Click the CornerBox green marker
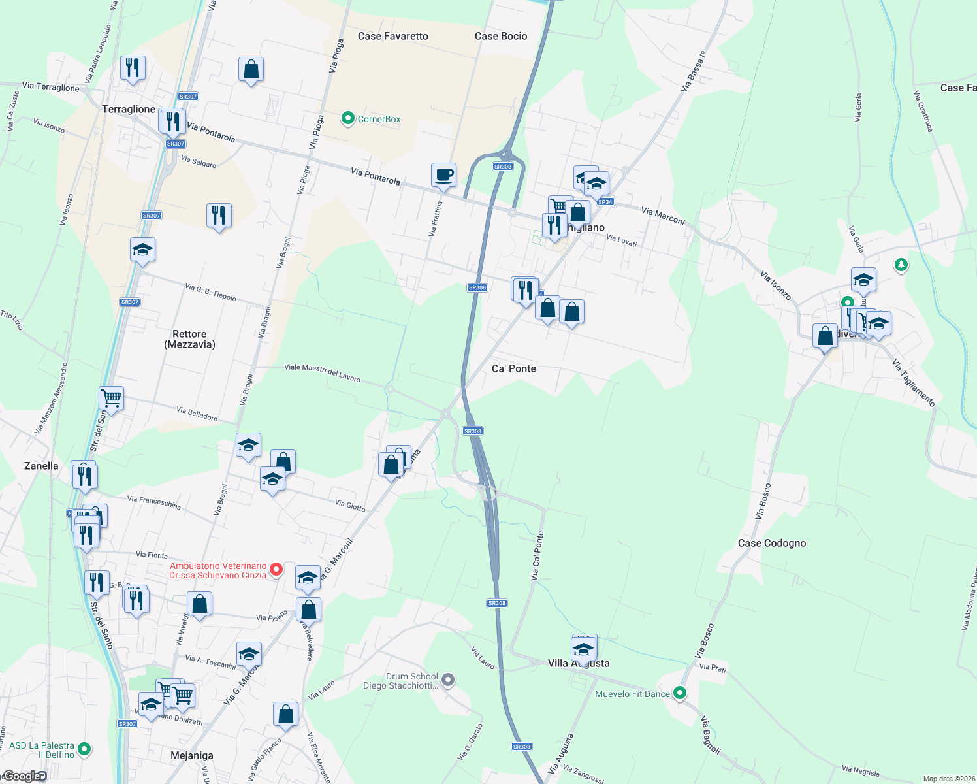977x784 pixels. [x=348, y=118]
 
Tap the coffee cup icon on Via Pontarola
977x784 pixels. [x=443, y=175]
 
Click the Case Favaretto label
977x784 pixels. [x=392, y=36]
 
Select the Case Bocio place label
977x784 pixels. [x=501, y=36]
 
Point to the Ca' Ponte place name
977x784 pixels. [x=513, y=368]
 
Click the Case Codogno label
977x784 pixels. [x=771, y=543]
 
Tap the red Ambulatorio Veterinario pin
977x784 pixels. [x=276, y=570]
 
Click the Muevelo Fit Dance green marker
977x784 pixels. [x=680, y=693]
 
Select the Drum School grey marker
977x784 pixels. [x=448, y=680]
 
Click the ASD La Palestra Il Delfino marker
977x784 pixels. [x=84, y=749]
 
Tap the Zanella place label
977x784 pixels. [x=41, y=466]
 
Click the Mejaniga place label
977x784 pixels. [x=191, y=755]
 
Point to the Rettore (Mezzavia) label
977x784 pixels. [x=189, y=339]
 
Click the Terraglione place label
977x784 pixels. [x=129, y=109]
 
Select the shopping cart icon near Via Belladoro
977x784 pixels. [x=112, y=397]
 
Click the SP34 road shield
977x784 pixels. [x=605, y=202]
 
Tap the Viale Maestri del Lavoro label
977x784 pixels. [x=322, y=373]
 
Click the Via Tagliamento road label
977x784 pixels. [x=914, y=384]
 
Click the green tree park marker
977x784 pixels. [x=901, y=265]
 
